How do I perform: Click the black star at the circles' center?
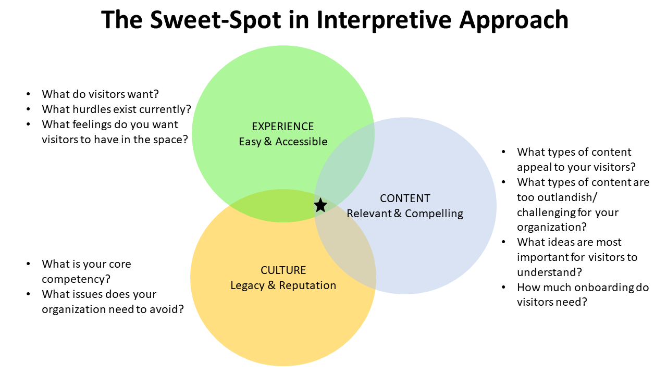click(320, 205)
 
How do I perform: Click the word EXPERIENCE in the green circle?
click(282, 127)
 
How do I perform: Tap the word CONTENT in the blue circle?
click(405, 198)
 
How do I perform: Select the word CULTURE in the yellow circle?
click(283, 270)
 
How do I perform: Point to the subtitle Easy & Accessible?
click(283, 142)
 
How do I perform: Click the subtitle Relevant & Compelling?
click(405, 214)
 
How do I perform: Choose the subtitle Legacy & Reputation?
click(283, 285)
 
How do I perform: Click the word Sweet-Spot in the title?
click(216, 20)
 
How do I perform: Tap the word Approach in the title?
click(514, 20)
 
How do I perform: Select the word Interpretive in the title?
click(384, 20)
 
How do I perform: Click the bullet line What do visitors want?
click(100, 94)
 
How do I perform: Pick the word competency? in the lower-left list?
click(76, 280)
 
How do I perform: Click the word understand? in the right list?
click(549, 272)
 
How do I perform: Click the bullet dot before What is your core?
click(28, 264)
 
